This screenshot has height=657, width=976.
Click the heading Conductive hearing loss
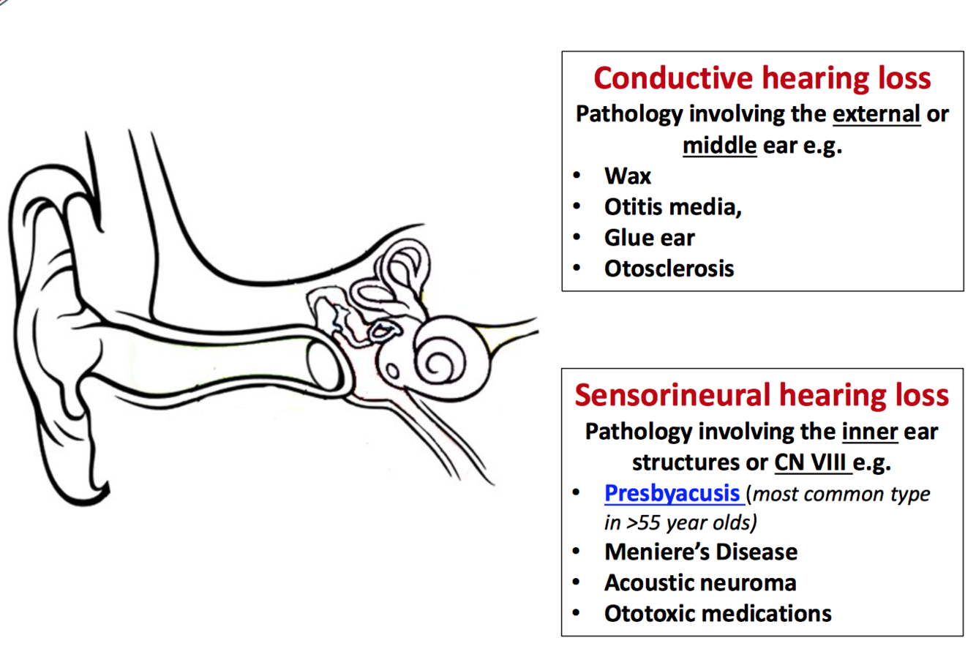pyautogui.click(x=762, y=78)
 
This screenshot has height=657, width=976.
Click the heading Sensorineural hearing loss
pyautogui.click(x=762, y=395)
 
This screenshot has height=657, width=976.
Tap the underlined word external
pyautogui.click(x=876, y=114)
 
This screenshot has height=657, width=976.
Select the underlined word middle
pyautogui.click(x=719, y=145)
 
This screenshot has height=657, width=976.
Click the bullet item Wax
pyautogui.click(x=627, y=176)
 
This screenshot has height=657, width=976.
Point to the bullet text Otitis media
pyautogui.click(x=672, y=207)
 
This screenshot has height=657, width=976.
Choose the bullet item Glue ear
pyautogui.click(x=649, y=238)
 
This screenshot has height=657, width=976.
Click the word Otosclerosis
pyautogui.click(x=669, y=269)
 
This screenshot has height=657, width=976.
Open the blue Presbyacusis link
pyautogui.click(x=672, y=493)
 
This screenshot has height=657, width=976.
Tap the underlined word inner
pyautogui.click(x=869, y=432)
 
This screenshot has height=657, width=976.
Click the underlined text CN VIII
pyautogui.click(x=812, y=462)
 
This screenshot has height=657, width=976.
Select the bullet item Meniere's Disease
pyautogui.click(x=700, y=552)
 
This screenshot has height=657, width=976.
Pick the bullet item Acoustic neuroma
pyautogui.click(x=699, y=582)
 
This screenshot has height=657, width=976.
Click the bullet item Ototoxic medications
pyautogui.click(x=717, y=613)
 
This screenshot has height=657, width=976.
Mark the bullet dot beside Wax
pyautogui.click(x=577, y=176)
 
